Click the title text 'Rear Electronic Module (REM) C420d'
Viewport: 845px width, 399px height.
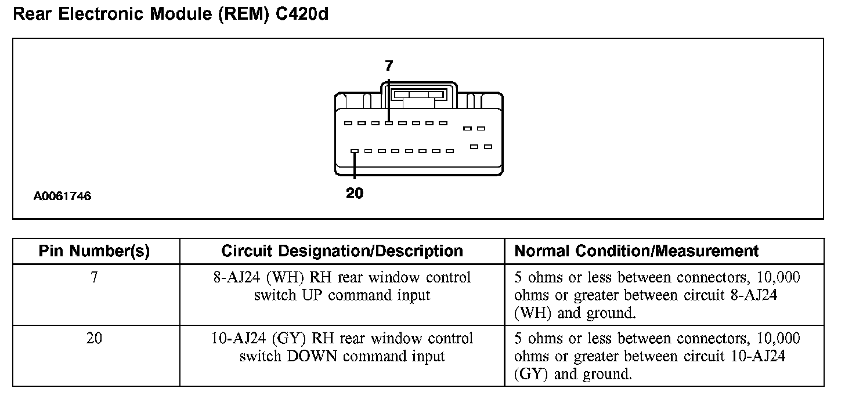click(x=171, y=14)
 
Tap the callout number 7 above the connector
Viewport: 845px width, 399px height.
click(x=389, y=66)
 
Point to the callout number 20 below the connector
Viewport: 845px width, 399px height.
click(x=355, y=194)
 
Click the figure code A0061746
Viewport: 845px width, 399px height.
click(x=62, y=197)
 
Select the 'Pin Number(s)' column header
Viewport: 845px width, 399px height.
click(x=94, y=251)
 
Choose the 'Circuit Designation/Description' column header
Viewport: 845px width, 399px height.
click(x=342, y=251)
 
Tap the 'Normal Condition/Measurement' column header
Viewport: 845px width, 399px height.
click(x=637, y=251)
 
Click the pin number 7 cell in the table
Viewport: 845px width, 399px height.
click(x=94, y=278)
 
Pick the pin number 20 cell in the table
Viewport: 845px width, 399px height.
click(x=94, y=339)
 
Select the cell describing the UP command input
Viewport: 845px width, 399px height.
click(x=342, y=286)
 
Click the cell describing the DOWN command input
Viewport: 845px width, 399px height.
click(x=342, y=347)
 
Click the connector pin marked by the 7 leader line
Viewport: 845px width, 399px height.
click(x=389, y=123)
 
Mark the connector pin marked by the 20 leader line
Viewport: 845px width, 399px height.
click(x=354, y=151)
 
